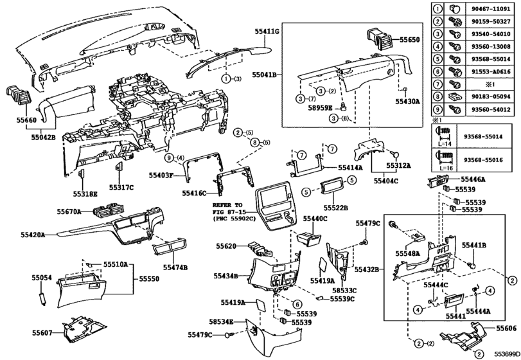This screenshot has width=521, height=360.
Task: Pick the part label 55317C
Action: pyautogui.click(x=121, y=187)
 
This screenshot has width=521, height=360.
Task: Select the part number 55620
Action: pyautogui.click(x=226, y=246)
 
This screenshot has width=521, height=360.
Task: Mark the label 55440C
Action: pyautogui.click(x=315, y=219)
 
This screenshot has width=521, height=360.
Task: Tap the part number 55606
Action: pyautogui.click(x=506, y=328)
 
